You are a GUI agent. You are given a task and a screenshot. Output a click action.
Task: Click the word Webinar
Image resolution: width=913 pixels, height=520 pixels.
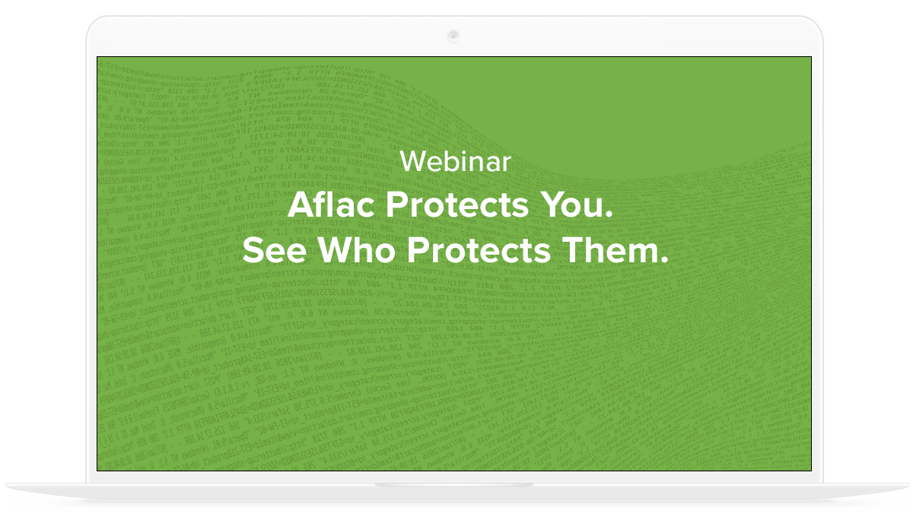[455, 160]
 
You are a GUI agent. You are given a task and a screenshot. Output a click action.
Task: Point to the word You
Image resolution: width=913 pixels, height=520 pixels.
[581, 206]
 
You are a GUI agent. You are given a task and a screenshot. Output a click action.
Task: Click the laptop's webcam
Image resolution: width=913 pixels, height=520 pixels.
[453, 35]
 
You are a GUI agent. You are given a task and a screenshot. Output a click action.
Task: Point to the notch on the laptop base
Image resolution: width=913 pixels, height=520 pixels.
[453, 485]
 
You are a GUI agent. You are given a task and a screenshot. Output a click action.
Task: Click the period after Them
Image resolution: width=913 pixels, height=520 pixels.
[663, 260]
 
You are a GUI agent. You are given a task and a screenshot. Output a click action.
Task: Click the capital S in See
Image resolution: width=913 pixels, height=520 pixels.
[252, 250]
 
